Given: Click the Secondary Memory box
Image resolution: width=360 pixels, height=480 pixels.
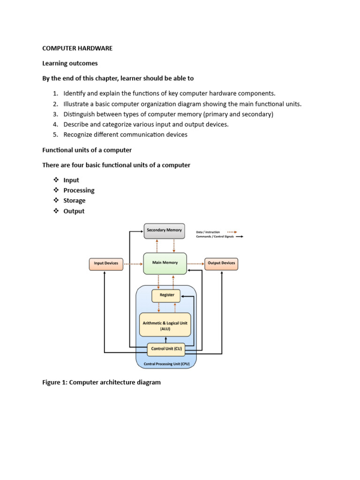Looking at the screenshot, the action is [x=165, y=231].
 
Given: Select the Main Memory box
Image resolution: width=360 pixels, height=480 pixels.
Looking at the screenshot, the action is [x=165, y=263].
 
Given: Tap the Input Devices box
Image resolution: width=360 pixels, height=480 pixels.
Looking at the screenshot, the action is [x=106, y=264].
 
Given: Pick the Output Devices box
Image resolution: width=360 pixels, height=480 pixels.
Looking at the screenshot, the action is [x=221, y=264].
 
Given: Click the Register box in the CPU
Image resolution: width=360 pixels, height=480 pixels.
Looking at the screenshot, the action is [x=166, y=296].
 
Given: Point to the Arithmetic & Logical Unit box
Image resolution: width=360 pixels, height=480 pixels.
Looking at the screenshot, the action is [x=165, y=324].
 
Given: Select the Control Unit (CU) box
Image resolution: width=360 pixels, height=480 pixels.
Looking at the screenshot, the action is [x=166, y=349].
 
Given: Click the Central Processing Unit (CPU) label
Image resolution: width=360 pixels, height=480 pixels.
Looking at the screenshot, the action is [x=166, y=364].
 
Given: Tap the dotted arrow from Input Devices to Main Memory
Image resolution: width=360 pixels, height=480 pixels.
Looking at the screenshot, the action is [x=133, y=264].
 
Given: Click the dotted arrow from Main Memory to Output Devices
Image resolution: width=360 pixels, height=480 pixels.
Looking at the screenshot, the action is [x=195, y=263].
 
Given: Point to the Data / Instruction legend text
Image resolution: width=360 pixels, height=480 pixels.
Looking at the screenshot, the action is [x=208, y=232].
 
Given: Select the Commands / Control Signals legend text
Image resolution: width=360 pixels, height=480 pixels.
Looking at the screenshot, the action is [x=215, y=237].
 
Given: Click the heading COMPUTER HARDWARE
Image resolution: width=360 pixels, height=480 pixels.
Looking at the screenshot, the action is [x=77, y=48].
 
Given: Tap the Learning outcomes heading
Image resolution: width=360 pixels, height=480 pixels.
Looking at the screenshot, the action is [x=70, y=63].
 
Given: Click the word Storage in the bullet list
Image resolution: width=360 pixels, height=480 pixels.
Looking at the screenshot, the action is [x=75, y=201].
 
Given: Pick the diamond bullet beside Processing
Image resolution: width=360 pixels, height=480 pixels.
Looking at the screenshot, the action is [x=56, y=190].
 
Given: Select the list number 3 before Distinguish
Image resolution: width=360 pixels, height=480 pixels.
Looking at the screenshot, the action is [x=55, y=114].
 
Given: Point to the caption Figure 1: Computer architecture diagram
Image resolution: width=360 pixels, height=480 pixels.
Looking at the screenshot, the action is [x=101, y=382].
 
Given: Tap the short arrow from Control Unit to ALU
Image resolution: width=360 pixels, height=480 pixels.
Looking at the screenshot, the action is [x=165, y=340].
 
